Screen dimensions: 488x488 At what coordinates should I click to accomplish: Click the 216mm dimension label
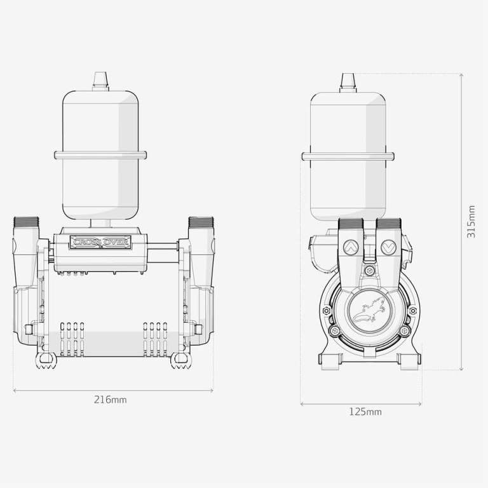(x=110, y=399)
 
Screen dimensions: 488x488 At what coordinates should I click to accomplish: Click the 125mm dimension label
(x=365, y=412)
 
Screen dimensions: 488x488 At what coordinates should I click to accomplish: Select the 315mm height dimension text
(x=471, y=222)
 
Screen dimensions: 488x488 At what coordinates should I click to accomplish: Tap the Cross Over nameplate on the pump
(x=100, y=242)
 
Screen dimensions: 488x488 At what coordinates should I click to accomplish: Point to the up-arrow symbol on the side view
(x=351, y=247)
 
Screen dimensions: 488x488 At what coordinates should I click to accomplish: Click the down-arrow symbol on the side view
(x=389, y=247)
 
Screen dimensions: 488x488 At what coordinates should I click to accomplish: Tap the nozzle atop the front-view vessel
(x=100, y=81)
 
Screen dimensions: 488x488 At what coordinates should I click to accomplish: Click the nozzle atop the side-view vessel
(x=348, y=83)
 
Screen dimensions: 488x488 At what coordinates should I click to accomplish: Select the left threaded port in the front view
(x=26, y=222)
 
